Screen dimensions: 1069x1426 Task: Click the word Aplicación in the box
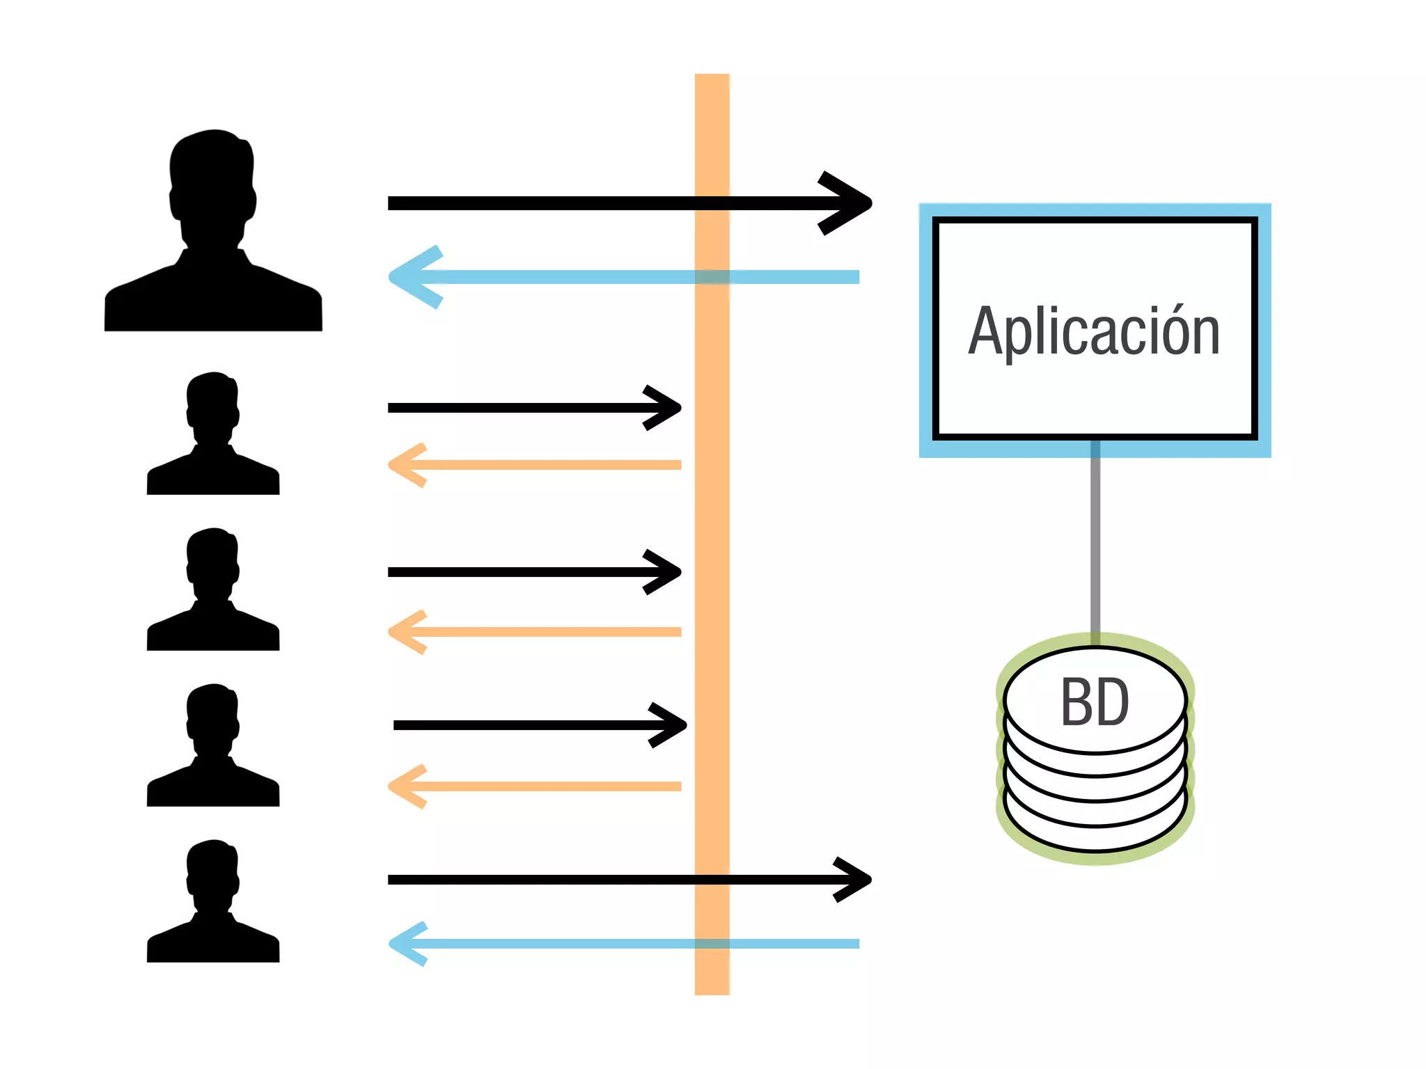click(1094, 332)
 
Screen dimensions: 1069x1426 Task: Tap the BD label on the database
click(1095, 702)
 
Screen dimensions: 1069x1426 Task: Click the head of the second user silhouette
click(212, 407)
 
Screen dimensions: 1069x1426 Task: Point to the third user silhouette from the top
click(213, 592)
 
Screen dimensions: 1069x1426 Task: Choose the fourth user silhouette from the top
click(213, 747)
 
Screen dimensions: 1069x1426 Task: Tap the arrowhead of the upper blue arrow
click(411, 277)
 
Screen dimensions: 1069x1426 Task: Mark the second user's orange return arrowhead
click(404, 465)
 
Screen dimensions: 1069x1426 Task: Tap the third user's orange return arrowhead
click(404, 632)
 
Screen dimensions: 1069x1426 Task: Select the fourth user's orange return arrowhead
click(404, 786)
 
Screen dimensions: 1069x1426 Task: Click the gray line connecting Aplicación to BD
click(1095, 543)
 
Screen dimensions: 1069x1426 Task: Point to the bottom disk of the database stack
click(1095, 835)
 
